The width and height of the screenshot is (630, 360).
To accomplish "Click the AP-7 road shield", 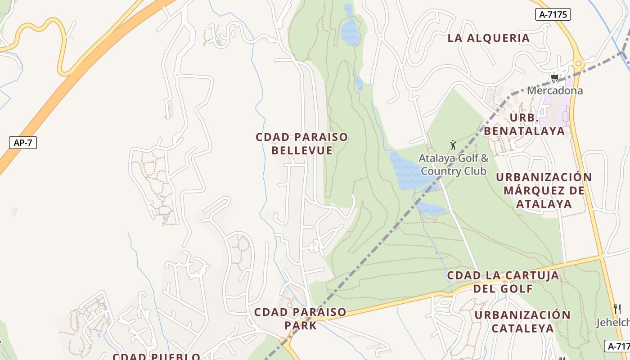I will click(x=23, y=143).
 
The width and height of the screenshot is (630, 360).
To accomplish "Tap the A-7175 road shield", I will click(x=553, y=14).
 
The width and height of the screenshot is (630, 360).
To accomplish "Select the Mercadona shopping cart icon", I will click(x=554, y=78).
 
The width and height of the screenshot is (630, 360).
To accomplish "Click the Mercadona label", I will click(x=555, y=90).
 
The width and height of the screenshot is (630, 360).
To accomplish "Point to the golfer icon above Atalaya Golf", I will click(x=453, y=145).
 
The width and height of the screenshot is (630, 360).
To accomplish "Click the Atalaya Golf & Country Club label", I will click(x=454, y=165).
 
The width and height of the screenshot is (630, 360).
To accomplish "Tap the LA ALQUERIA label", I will click(x=489, y=38).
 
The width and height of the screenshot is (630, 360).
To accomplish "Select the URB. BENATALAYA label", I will click(x=524, y=125).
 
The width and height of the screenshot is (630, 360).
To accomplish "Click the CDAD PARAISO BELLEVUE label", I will click(x=302, y=144).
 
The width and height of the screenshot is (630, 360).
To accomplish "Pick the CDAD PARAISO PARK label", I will click(x=300, y=319).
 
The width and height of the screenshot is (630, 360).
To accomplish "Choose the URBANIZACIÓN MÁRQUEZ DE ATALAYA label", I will click(x=544, y=190).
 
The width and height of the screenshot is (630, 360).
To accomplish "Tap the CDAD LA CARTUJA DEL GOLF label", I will click(x=503, y=282).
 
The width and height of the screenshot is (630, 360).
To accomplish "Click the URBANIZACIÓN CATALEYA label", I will click(x=522, y=321).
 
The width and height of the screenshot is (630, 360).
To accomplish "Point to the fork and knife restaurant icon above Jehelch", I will click(x=617, y=309).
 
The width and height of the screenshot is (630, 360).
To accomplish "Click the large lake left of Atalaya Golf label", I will click(x=407, y=171).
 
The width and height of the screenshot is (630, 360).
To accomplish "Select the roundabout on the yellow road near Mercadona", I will click(x=578, y=63).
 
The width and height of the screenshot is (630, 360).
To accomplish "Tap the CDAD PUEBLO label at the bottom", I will click(x=156, y=356).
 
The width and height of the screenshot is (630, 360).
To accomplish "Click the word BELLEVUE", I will click(x=302, y=150).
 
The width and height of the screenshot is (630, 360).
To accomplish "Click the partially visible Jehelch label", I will click(x=612, y=323).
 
